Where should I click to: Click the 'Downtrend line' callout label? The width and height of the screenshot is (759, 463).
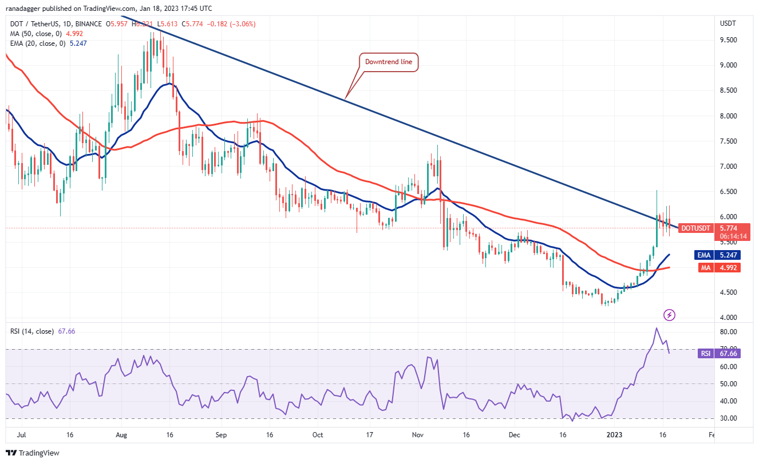click(389, 62)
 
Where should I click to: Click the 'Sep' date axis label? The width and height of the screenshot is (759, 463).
click(222, 435)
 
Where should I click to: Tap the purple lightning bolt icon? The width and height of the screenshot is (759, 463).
click(669, 315)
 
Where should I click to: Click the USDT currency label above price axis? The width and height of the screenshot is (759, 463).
click(728, 23)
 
